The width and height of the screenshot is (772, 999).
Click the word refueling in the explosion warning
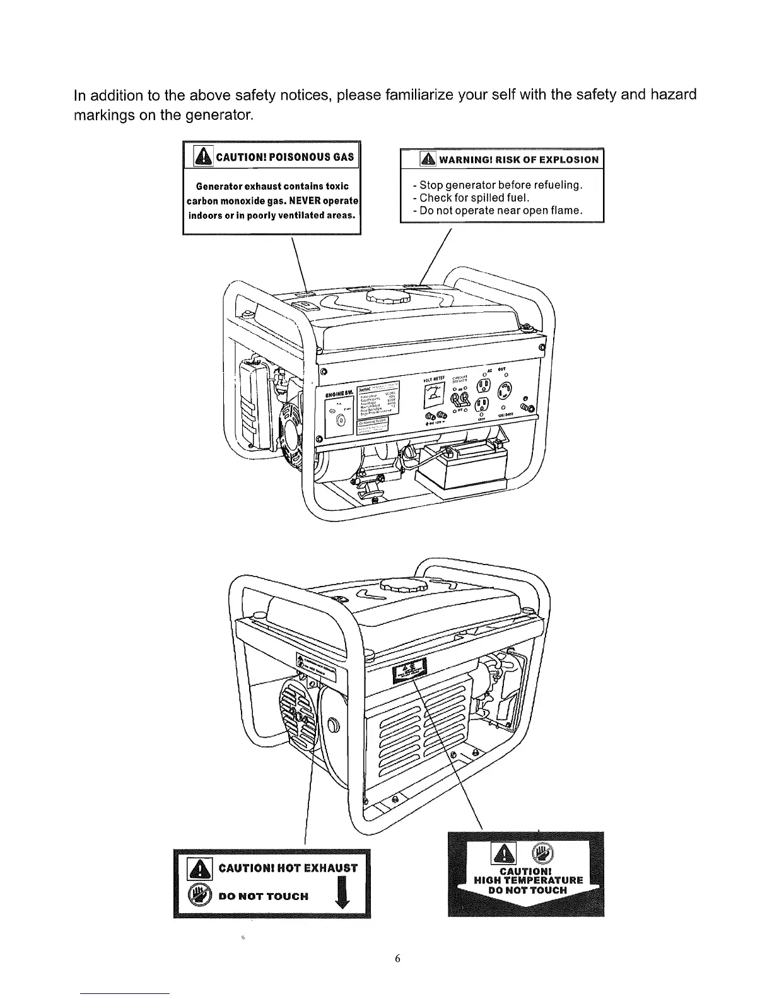click(x=555, y=185)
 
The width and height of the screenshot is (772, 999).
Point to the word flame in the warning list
click(x=564, y=210)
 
